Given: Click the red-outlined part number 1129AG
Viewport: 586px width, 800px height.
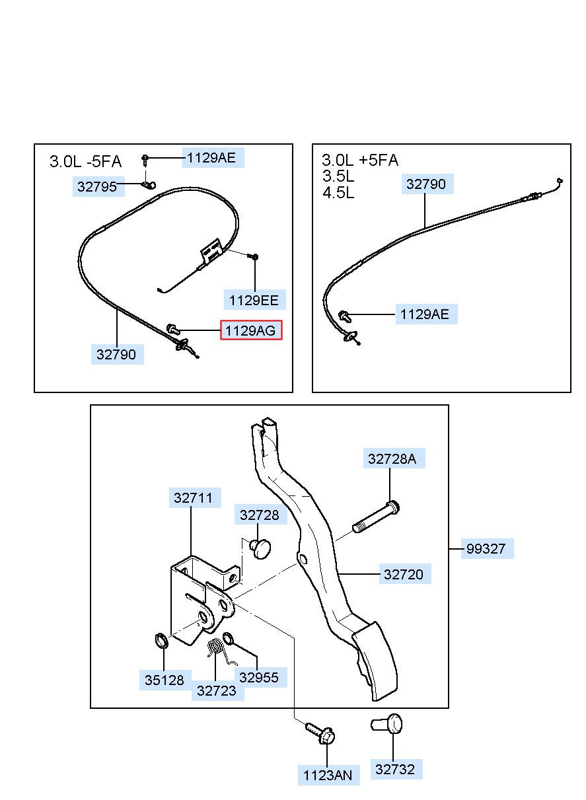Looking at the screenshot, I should pyautogui.click(x=251, y=330).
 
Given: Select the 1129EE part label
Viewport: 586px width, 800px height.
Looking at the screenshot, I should pyautogui.click(x=254, y=300).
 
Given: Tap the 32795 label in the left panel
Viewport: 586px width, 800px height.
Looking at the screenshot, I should pyautogui.click(x=97, y=187).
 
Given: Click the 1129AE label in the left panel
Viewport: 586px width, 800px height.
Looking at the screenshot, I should pyautogui.click(x=211, y=157).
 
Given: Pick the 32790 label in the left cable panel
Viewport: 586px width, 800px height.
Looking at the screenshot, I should pyautogui.click(x=116, y=355).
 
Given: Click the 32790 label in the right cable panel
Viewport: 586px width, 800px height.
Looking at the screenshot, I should pyautogui.click(x=426, y=184).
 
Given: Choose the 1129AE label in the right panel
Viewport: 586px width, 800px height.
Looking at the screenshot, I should pyautogui.click(x=424, y=314).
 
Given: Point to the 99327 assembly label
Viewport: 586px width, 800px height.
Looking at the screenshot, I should pyautogui.click(x=486, y=549).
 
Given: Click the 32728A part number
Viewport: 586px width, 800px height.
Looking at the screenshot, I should pyautogui.click(x=392, y=459).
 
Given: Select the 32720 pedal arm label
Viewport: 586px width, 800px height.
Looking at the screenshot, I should pyautogui.click(x=403, y=574).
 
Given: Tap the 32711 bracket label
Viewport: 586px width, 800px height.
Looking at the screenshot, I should pyautogui.click(x=194, y=498).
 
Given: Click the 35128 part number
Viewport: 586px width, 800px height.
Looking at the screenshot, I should pyautogui.click(x=165, y=679).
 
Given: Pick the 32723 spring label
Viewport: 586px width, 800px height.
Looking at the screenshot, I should pyautogui.click(x=217, y=690).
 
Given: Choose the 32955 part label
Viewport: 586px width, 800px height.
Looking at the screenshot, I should pyautogui.click(x=258, y=677).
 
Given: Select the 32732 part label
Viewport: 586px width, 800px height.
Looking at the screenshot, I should pyautogui.click(x=395, y=769).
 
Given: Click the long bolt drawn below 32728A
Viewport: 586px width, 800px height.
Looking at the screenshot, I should pyautogui.click(x=376, y=517).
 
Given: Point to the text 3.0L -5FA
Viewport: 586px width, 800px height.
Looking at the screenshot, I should pyautogui.click(x=86, y=162).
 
